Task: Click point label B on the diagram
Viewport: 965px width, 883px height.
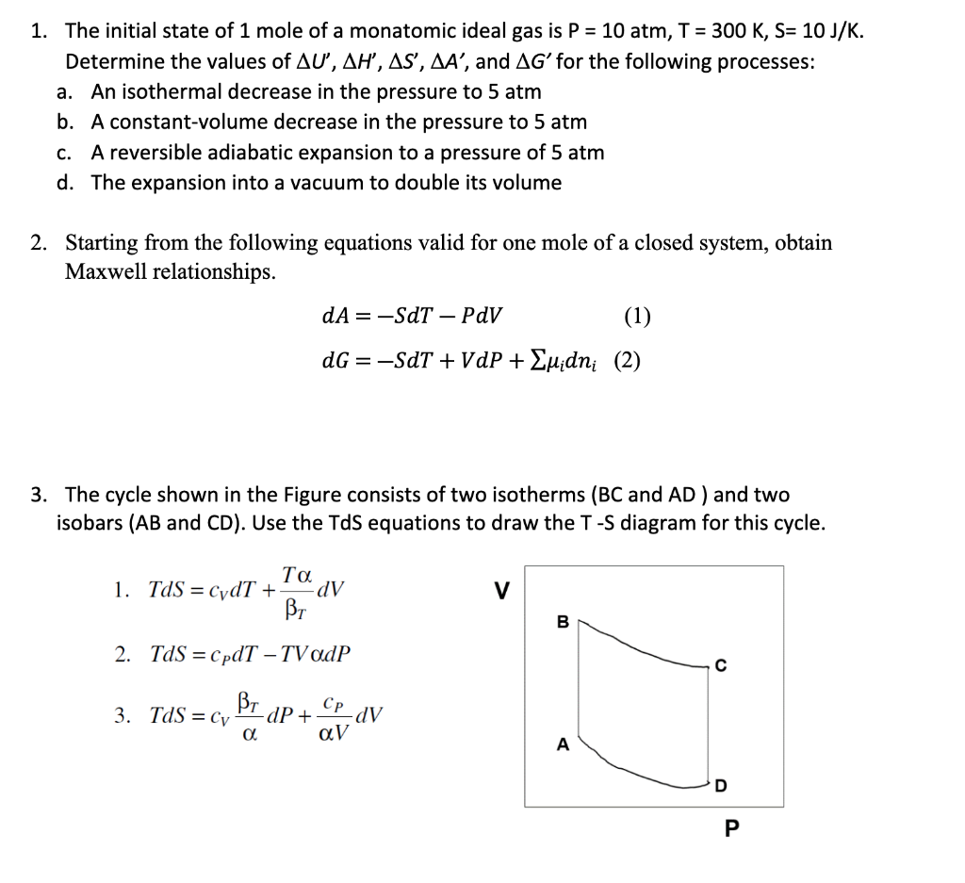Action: click(x=563, y=621)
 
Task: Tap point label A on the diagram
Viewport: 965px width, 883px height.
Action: click(x=563, y=744)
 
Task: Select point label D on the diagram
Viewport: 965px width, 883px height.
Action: click(x=721, y=786)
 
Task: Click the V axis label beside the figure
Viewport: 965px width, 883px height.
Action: click(x=502, y=591)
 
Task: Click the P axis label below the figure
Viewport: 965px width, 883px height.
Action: click(x=731, y=829)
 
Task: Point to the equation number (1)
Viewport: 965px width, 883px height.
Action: click(x=637, y=316)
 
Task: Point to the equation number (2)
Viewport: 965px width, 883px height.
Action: click(x=628, y=361)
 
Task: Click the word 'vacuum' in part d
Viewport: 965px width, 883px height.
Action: click(x=295, y=183)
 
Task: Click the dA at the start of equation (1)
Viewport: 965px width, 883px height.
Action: click(x=335, y=316)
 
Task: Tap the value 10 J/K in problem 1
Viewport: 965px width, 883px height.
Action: click(x=829, y=31)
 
